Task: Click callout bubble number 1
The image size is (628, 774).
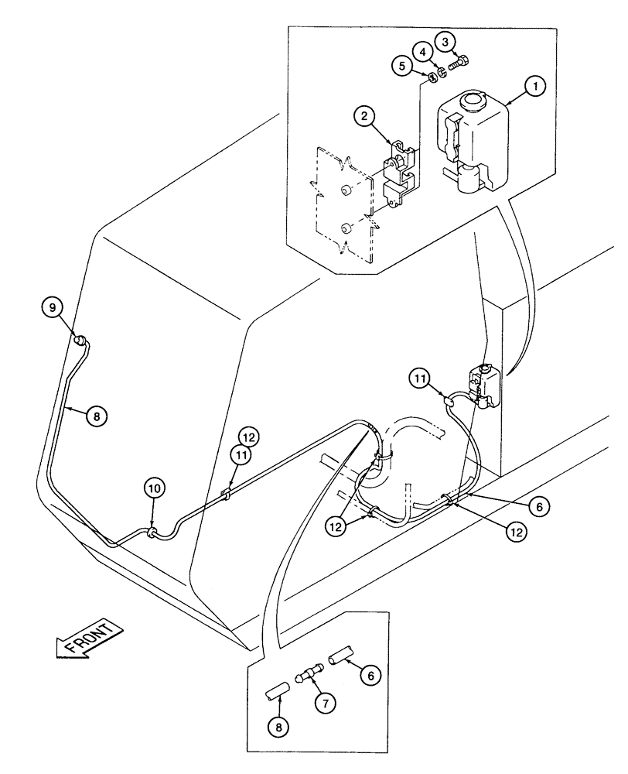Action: pos(534,88)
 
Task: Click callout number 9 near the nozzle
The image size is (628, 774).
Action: pos(53,308)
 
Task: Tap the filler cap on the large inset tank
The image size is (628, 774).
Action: pos(469,101)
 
